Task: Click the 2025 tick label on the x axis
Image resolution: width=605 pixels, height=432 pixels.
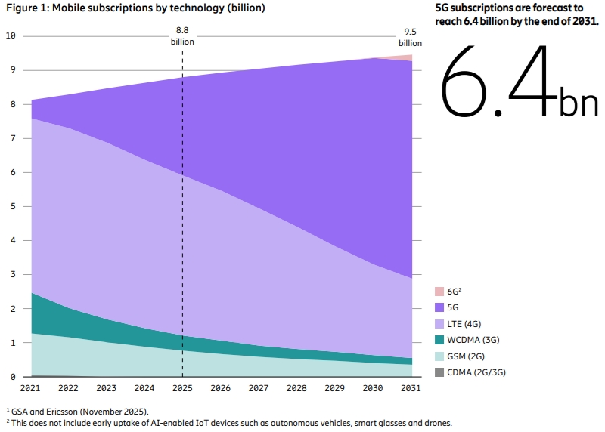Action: coord(182,388)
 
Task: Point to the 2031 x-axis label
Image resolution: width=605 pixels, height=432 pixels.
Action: coord(411,388)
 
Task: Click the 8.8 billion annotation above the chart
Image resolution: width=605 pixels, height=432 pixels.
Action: coord(182,36)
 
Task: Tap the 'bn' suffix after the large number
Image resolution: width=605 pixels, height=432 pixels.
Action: coord(579,103)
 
